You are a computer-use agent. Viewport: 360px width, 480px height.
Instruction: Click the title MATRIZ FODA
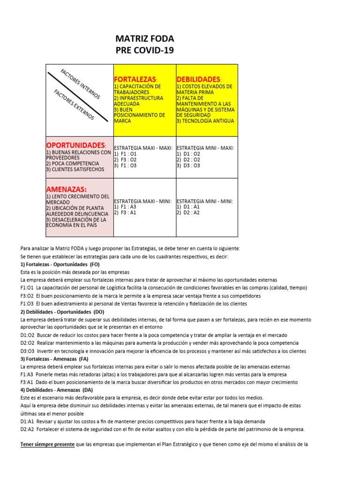[144, 38]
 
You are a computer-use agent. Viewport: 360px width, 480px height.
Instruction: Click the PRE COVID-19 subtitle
[144, 50]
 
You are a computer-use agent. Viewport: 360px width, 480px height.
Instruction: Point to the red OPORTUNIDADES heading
[76, 145]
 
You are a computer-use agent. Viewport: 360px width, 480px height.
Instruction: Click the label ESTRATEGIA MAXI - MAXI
[143, 148]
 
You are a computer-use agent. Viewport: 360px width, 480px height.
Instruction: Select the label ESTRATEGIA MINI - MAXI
[205, 148]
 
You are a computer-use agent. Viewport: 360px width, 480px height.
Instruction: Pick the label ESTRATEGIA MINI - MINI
[204, 201]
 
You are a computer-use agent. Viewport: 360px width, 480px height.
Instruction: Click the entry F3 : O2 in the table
[125, 160]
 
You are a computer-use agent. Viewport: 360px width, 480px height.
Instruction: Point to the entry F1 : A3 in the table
[125, 207]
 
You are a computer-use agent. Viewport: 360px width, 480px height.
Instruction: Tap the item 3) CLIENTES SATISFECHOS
[75, 169]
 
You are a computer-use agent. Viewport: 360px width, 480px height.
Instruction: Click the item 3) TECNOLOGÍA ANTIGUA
[204, 120]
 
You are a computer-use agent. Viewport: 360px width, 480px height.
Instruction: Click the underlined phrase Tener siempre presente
[47, 444]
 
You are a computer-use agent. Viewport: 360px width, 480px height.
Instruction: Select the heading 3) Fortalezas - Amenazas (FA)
[54, 359]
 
